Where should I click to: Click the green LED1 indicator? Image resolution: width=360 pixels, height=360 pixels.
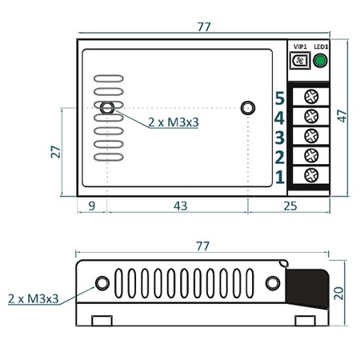(321, 62)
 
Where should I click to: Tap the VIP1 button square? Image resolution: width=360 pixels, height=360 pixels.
(302, 62)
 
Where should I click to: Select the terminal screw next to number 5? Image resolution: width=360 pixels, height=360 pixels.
(310, 98)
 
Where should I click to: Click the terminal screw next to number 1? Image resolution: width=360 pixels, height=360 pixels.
(310, 175)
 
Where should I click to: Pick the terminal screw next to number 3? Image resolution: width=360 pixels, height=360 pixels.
(310, 136)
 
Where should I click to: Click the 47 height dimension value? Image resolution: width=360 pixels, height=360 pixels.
(342, 115)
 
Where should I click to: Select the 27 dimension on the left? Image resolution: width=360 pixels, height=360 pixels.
(55, 152)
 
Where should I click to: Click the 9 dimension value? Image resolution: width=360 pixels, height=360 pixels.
(92, 206)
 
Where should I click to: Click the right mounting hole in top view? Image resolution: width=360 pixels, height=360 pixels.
(247, 107)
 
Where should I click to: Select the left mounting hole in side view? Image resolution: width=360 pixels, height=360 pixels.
(102, 283)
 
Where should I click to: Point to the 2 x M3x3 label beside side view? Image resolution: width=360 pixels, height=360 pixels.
(33, 298)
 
